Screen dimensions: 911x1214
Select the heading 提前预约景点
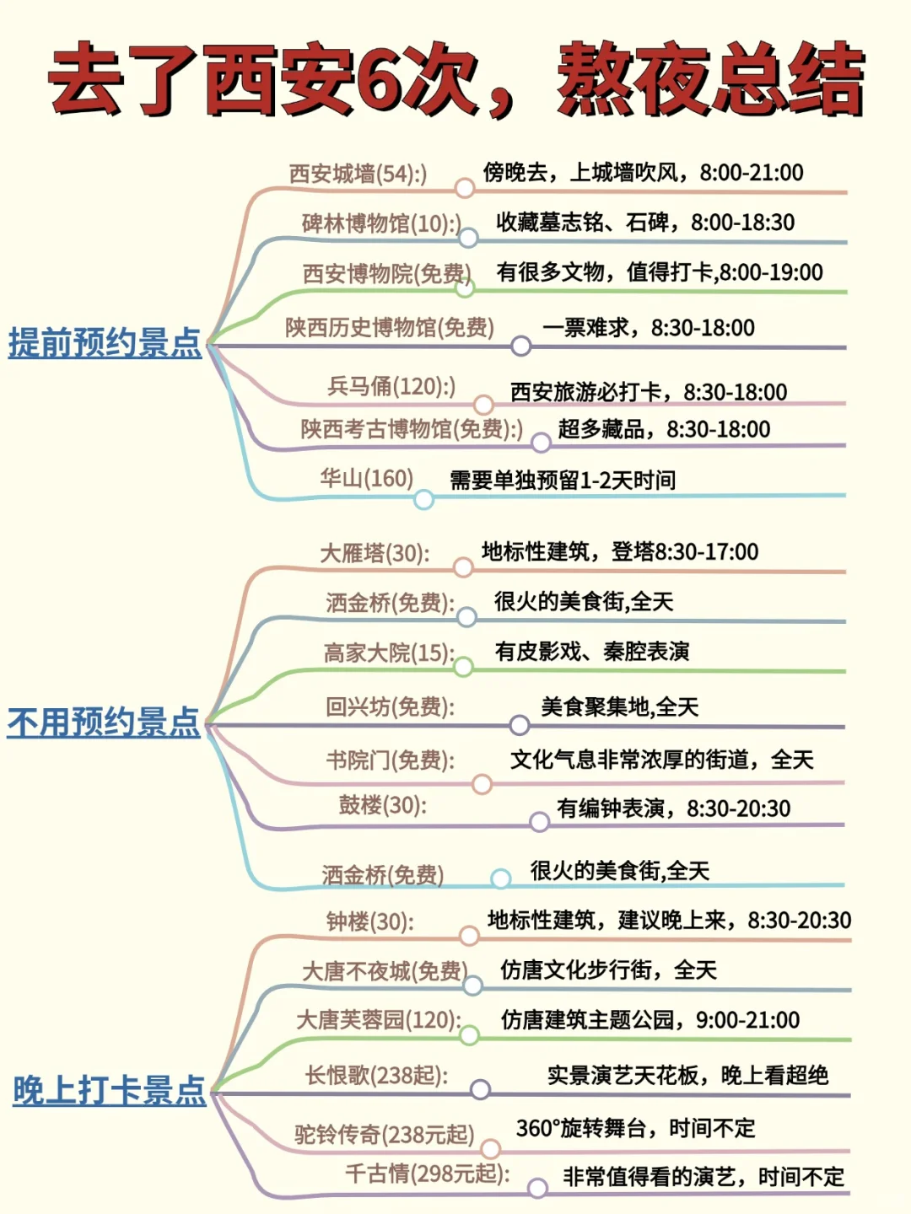pyautogui.click(x=105, y=343)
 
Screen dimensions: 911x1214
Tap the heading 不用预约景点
pyautogui.click(x=104, y=722)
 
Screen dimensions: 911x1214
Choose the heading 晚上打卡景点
pyautogui.click(x=109, y=1090)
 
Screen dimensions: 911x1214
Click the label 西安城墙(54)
pyautogui.click(x=357, y=174)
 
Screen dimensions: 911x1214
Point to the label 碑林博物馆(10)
pyautogui.click(x=380, y=223)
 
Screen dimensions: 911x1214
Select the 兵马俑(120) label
pyautogui.click(x=391, y=386)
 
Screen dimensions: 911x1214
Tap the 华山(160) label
pyautogui.click(x=366, y=478)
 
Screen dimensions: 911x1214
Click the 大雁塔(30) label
pyautogui.click(x=374, y=553)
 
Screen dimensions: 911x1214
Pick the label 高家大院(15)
pyautogui.click(x=388, y=653)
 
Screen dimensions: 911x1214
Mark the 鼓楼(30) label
pyautogui.click(x=382, y=805)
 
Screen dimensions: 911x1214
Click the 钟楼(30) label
pyautogui.click(x=369, y=921)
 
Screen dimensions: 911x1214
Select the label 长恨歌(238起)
pyautogui.click(x=376, y=1076)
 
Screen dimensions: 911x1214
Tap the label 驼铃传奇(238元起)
pyautogui.click(x=384, y=1135)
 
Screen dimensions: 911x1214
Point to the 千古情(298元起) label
pyautogui.click(x=427, y=1174)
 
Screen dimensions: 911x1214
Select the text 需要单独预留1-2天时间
pyautogui.click(x=563, y=481)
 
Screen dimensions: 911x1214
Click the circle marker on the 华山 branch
pyautogui.click(x=423, y=500)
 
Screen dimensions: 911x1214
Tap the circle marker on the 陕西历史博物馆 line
pyautogui.click(x=521, y=346)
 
